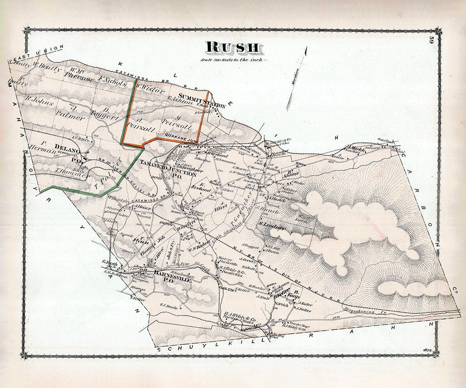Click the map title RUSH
(233, 47)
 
